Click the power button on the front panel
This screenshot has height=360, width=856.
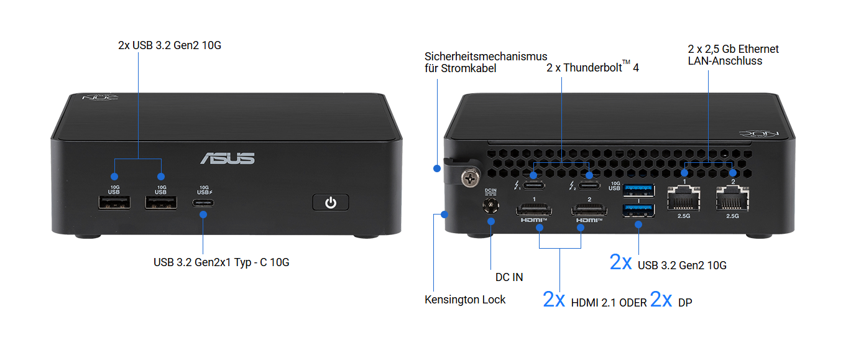331,202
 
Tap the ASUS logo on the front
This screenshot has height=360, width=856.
228,158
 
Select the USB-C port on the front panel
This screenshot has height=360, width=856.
203,203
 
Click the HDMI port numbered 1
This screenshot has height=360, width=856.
534,210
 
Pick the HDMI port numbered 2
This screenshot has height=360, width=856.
589,210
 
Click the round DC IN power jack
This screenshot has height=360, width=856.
490,206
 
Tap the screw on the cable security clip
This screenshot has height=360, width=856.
471,178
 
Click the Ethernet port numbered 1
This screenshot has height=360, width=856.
684,198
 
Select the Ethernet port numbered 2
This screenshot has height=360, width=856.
732,198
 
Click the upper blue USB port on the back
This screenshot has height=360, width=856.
638,190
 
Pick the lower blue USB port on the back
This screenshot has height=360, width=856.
638,211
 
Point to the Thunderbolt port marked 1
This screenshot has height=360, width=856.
534,186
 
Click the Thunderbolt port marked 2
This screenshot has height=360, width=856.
589,186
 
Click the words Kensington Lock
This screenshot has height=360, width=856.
465,300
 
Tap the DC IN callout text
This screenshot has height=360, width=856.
509,277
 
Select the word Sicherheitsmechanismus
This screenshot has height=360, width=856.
486,57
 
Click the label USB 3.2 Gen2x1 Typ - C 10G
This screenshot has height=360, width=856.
221,262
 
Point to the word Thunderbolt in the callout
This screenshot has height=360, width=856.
592,68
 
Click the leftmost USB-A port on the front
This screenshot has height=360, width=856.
114,203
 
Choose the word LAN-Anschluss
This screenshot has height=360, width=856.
725,61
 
